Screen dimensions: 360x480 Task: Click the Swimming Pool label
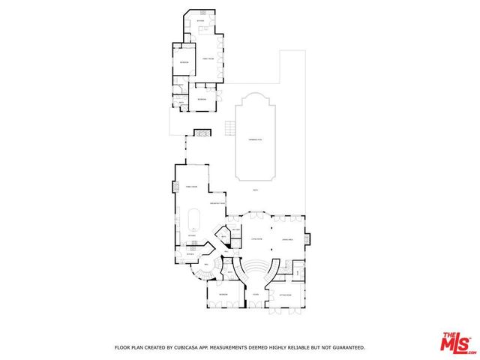click(x=255, y=140)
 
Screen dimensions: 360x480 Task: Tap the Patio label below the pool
click(x=255, y=190)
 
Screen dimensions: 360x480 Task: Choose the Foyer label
click(x=255, y=295)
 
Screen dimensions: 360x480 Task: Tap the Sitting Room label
click(x=285, y=295)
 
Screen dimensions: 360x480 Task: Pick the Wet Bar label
click(x=235, y=229)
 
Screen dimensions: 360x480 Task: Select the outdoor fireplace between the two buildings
click(x=202, y=133)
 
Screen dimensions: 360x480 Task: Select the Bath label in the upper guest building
click(x=181, y=103)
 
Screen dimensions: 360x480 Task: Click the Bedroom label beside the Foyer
click(x=223, y=295)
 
